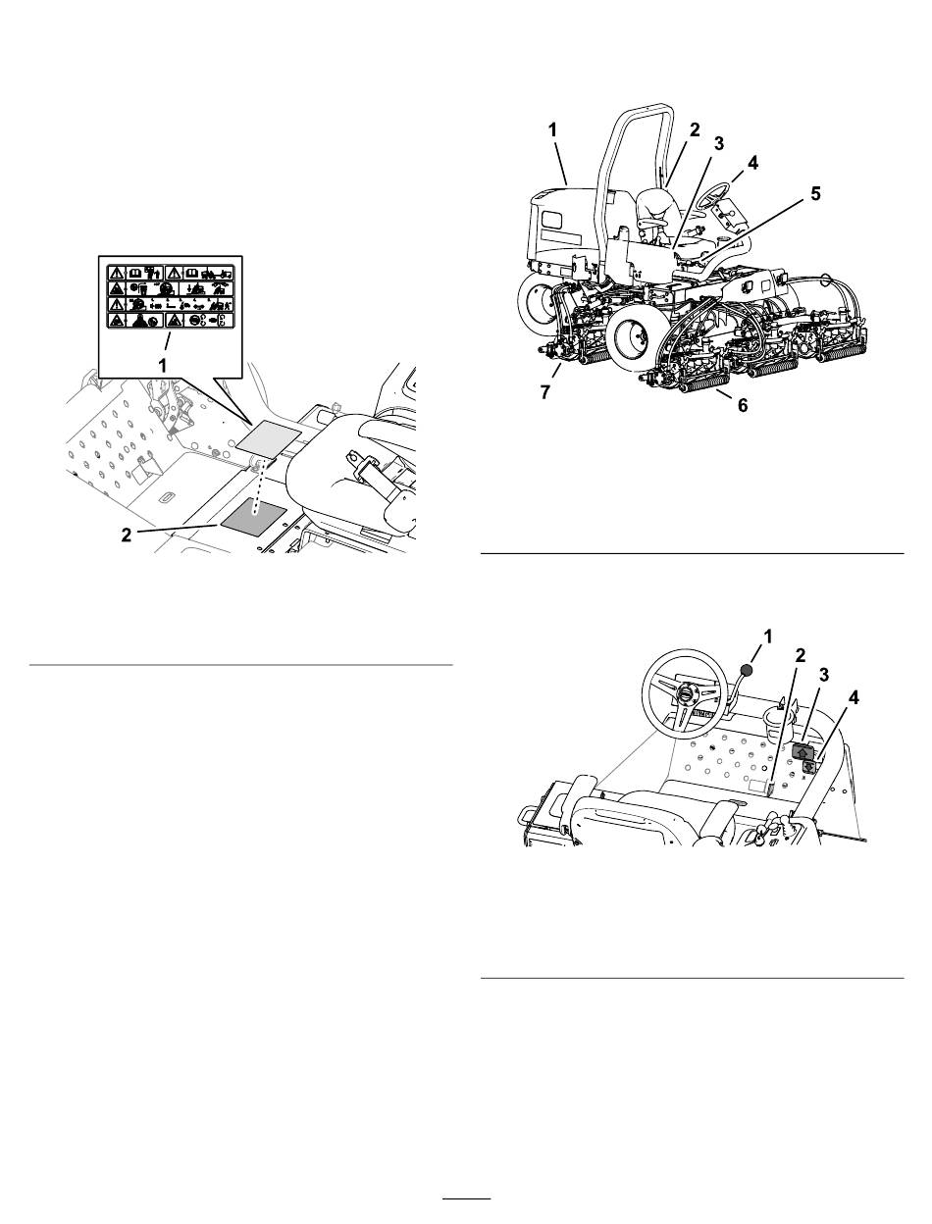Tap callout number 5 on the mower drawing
pyautogui.click(x=815, y=194)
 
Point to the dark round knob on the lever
pyautogui.click(x=748, y=670)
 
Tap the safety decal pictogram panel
pyautogui.click(x=171, y=293)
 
